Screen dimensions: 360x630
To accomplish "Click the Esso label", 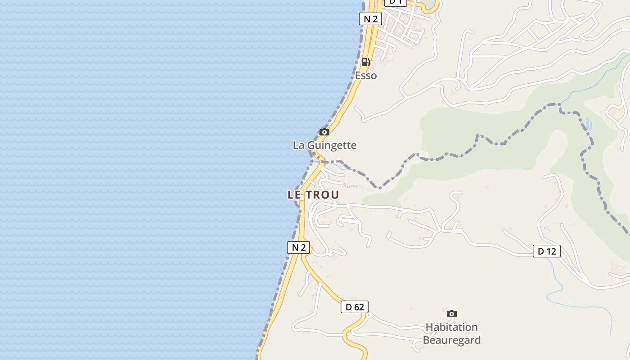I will tap(366, 76).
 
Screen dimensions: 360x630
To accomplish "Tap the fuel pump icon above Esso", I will tap(366, 62).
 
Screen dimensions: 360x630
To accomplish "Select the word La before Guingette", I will tap(298, 145).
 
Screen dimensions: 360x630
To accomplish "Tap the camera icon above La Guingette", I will tap(324, 132).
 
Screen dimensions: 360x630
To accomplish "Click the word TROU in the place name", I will tap(323, 195).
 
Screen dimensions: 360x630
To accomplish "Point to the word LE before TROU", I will tap(294, 195).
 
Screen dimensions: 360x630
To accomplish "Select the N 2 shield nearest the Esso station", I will tap(370, 19).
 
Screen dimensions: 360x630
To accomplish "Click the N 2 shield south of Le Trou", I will tap(298, 247).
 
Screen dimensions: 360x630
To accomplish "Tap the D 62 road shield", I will tap(354, 307).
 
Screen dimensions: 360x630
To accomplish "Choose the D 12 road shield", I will tap(547, 251).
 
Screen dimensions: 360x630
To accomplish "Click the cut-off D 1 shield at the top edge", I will tap(396, 2).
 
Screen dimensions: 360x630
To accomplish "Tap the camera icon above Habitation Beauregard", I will tap(452, 314).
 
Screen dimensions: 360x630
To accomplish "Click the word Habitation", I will tap(451, 327).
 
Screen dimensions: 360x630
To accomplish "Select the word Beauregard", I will tap(451, 340).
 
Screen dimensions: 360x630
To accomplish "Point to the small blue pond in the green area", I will tap(589, 123).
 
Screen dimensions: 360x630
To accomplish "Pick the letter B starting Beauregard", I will tap(426, 340).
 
